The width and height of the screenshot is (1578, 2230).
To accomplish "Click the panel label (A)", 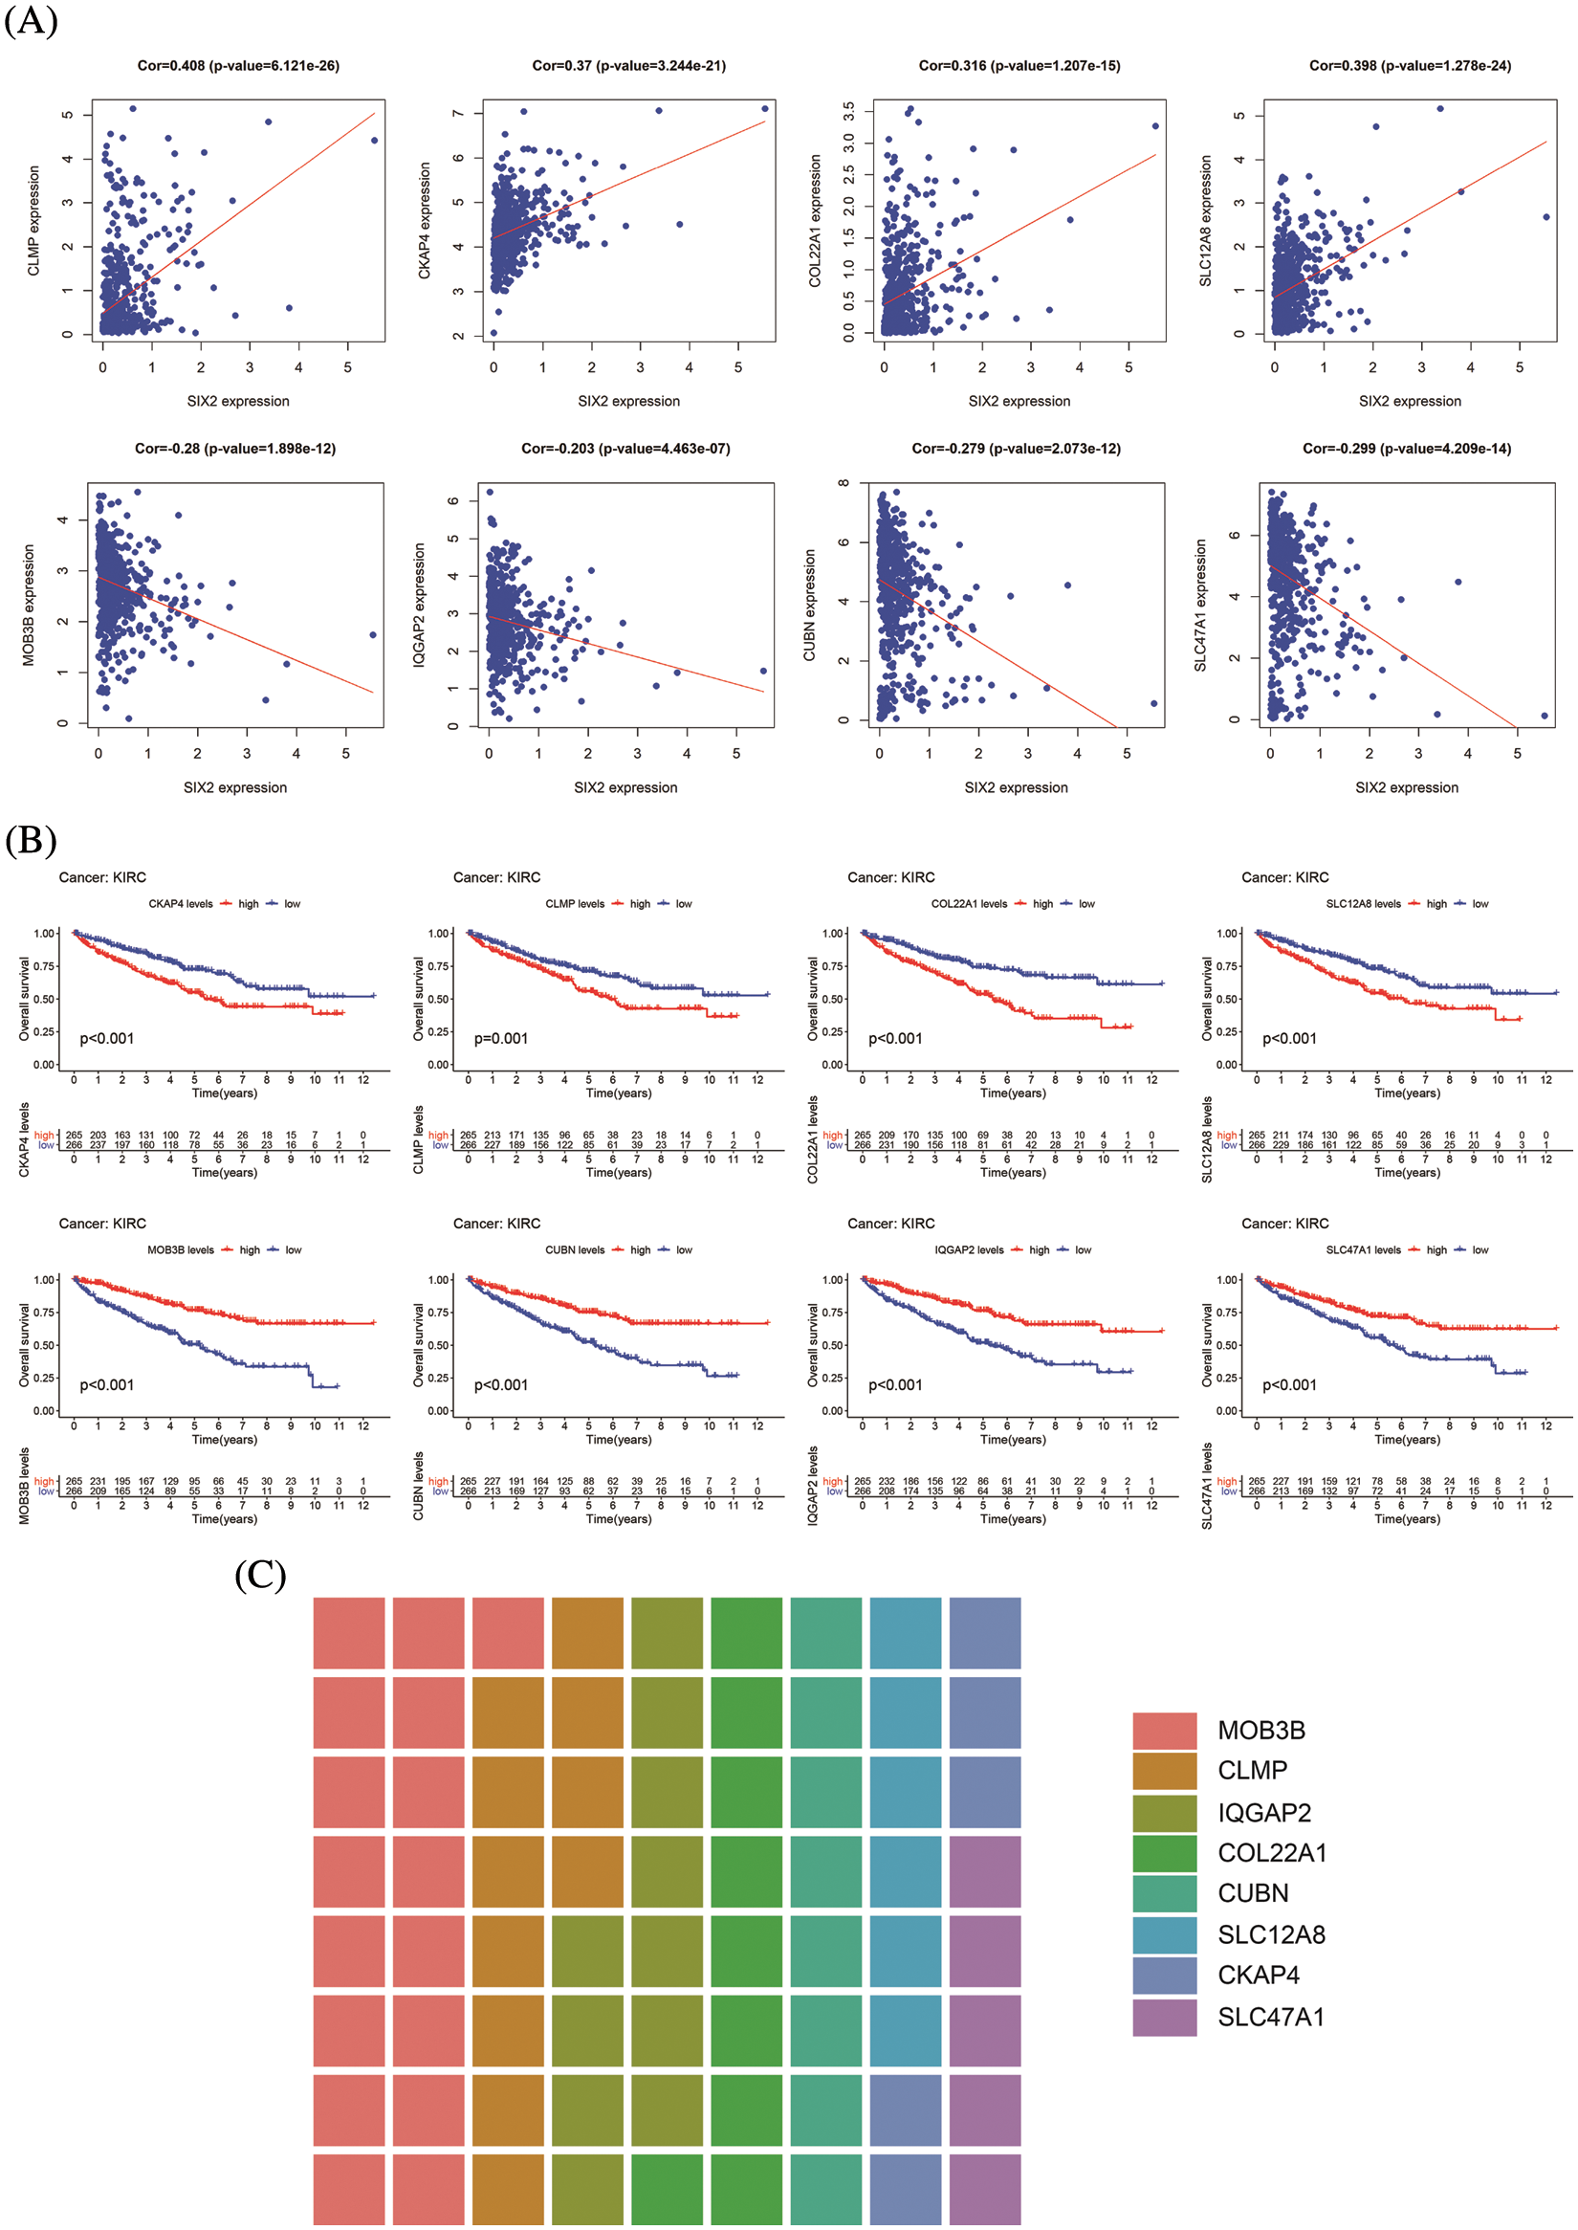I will click(x=32, y=19).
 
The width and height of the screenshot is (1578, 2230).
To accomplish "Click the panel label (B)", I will click(x=32, y=840).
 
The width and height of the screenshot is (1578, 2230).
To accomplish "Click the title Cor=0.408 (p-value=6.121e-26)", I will click(x=238, y=66).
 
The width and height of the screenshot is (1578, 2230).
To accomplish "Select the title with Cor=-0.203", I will click(x=625, y=449).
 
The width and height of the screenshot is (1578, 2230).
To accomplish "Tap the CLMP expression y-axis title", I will click(x=34, y=221).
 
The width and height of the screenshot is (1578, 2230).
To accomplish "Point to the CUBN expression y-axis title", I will click(x=809, y=606).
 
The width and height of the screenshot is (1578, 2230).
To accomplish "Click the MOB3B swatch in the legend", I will click(x=1164, y=1732).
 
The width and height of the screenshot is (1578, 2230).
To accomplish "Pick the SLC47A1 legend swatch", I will click(x=1164, y=2018).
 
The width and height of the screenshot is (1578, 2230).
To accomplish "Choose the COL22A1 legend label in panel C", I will click(x=1272, y=1854).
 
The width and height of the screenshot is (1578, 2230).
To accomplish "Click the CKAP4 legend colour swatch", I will click(x=1164, y=1976).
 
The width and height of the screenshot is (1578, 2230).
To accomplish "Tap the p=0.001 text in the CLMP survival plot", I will click(x=500, y=1039).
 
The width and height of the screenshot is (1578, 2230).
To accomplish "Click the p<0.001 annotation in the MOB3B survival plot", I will click(x=107, y=1385).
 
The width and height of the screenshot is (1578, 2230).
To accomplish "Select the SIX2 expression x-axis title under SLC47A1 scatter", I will click(x=1406, y=788).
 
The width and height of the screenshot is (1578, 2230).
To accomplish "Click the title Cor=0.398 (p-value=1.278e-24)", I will click(x=1410, y=66).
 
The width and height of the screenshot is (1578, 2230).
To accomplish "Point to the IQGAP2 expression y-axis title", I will click(x=420, y=606).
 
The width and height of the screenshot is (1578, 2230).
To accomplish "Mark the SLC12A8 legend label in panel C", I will click(x=1271, y=1935).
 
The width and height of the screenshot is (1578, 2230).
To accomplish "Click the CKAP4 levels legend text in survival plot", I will click(x=181, y=904).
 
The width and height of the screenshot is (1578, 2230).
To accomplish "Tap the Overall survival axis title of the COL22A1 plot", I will click(x=812, y=1000).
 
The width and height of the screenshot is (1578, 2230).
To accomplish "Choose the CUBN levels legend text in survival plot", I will click(x=574, y=1250).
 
